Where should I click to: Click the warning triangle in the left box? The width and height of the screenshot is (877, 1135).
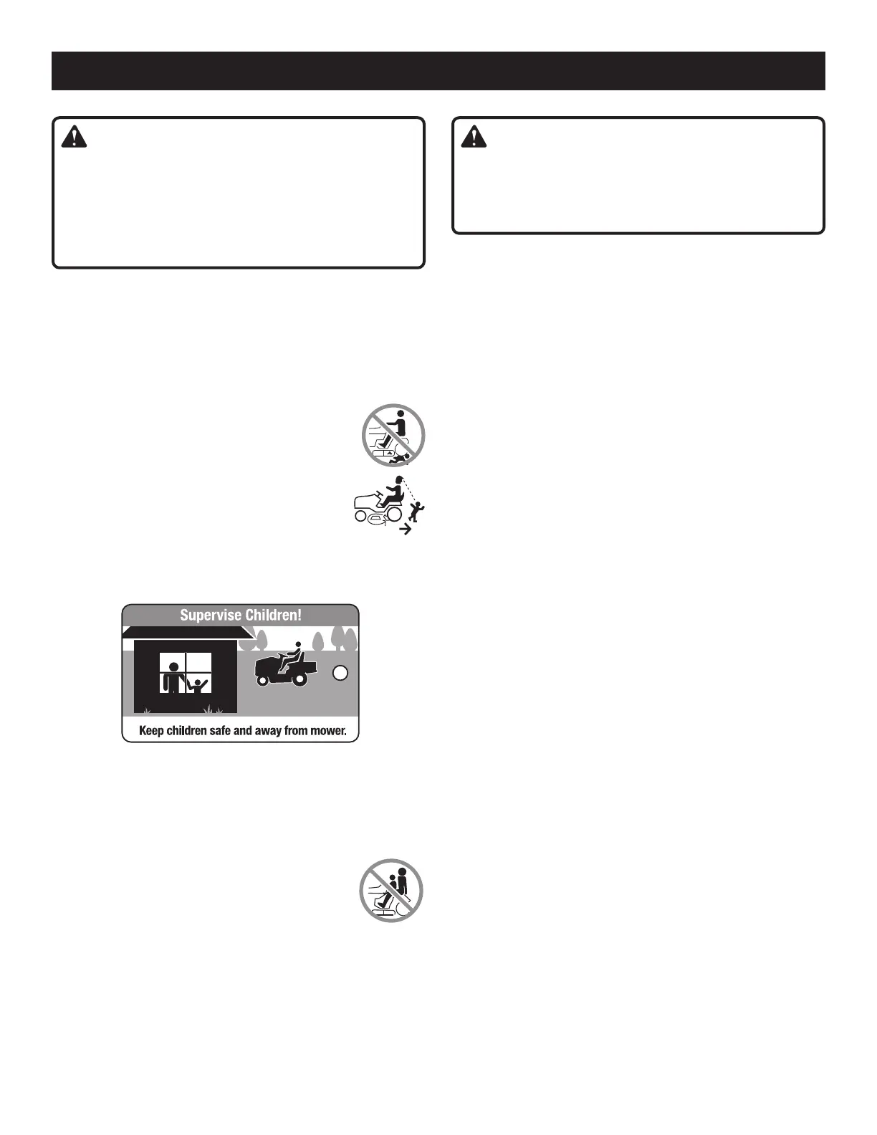point(74,138)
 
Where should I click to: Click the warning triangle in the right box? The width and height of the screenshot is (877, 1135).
point(474,138)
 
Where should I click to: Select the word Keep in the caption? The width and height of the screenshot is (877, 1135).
point(153,732)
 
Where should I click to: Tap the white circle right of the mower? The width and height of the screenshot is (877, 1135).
point(341,673)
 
